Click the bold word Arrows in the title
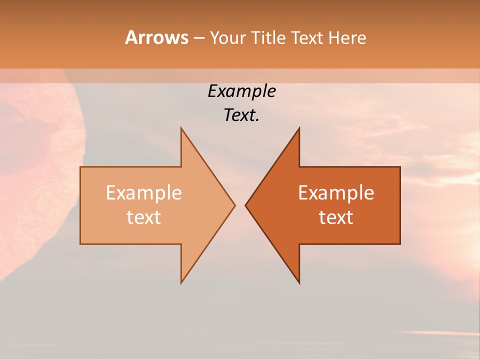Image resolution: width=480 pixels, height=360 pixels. pyautogui.click(x=156, y=37)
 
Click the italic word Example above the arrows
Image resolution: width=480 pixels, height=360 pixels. pyautogui.click(x=242, y=91)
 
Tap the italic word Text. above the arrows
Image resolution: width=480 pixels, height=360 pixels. pyautogui.click(x=242, y=115)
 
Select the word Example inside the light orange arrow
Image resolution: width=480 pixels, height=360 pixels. pyautogui.click(x=144, y=193)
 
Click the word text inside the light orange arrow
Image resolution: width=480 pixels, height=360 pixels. pyautogui.click(x=144, y=217)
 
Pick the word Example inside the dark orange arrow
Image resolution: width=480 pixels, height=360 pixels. pyautogui.click(x=336, y=193)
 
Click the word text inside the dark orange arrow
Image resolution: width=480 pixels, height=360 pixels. pyautogui.click(x=336, y=217)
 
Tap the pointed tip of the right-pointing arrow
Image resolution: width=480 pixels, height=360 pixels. pyautogui.click(x=234, y=205)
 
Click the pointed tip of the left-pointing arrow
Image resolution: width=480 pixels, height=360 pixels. pyautogui.click(x=246, y=205)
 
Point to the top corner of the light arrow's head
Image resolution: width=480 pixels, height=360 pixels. pyautogui.click(x=181, y=129)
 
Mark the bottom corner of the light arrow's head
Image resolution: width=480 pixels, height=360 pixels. pyautogui.click(x=181, y=282)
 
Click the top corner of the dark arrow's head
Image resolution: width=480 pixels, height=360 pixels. pyautogui.click(x=299, y=129)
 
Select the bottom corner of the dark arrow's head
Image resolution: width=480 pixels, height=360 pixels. pyautogui.click(x=299, y=282)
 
